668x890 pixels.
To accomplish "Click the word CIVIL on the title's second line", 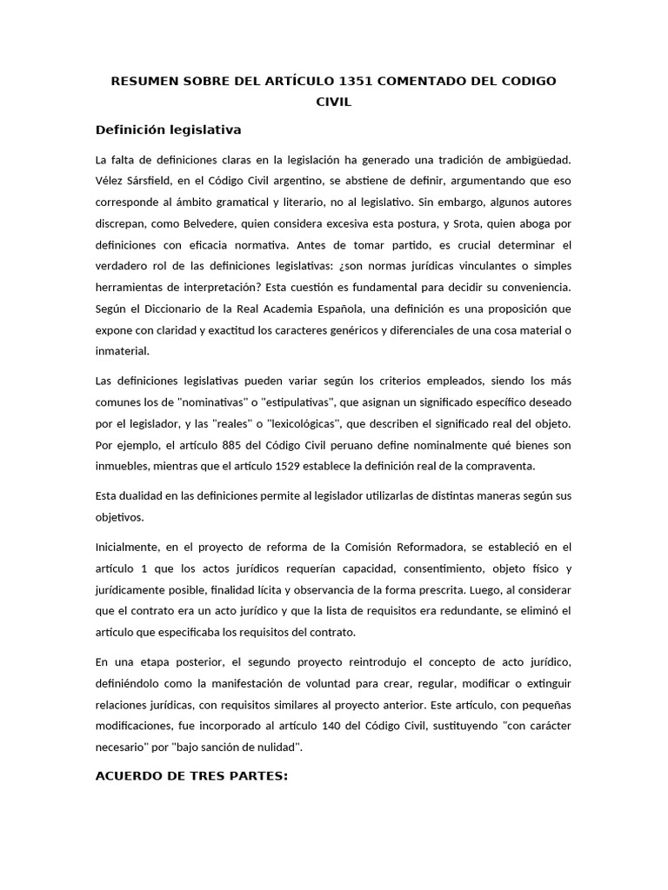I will pyautogui.click(x=334, y=102).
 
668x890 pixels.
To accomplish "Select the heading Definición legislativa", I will pyautogui.click(x=168, y=130).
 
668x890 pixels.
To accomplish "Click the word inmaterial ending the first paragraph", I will pyautogui.click(x=123, y=350).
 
